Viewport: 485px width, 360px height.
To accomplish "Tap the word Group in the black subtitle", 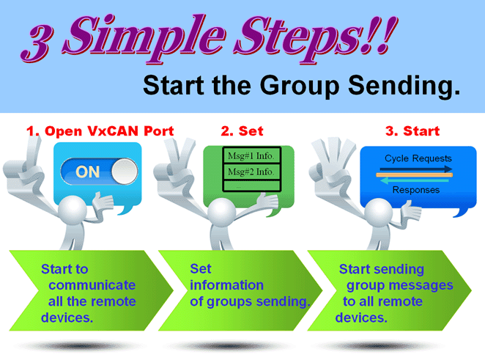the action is click(x=299, y=87).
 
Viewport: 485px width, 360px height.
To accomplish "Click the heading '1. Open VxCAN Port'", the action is click(x=100, y=131).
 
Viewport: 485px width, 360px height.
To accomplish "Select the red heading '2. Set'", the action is click(x=242, y=131).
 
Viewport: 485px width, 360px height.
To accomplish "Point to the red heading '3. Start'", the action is click(x=412, y=131).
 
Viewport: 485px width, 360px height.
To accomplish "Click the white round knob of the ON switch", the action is click(x=125, y=171).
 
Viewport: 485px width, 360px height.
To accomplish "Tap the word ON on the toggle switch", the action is click(x=87, y=172).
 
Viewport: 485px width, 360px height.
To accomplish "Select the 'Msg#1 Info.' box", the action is click(x=251, y=155).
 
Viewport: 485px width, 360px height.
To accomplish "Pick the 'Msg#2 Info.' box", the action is click(x=251, y=171).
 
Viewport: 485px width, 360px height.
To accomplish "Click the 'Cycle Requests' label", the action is click(x=418, y=158).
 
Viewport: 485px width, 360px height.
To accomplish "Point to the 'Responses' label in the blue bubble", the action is click(x=415, y=190).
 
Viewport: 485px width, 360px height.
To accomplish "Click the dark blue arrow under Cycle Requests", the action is click(x=415, y=169).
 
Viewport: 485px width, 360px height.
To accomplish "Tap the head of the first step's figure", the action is click(x=73, y=210).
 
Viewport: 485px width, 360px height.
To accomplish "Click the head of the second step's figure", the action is click(x=222, y=213).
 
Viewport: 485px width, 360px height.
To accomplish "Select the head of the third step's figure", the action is click(x=378, y=213).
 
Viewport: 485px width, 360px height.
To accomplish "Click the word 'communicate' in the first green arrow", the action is click(x=92, y=285).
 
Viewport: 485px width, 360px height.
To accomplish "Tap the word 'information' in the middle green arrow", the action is click(x=226, y=285).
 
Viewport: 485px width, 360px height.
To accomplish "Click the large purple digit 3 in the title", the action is click(x=37, y=43).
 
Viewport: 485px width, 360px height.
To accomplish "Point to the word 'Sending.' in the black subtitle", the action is click(x=404, y=87).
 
